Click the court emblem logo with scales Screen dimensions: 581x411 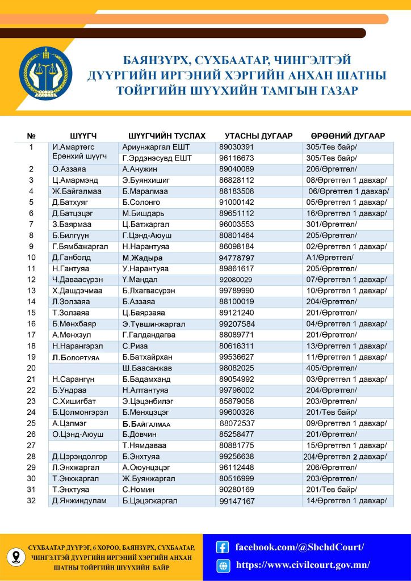point(46,74)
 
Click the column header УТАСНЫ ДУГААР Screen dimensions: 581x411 point(258,136)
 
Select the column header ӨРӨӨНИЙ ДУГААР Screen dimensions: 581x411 point(347,136)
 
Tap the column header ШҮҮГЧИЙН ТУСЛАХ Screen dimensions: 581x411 point(167,136)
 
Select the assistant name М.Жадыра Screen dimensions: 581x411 point(142,258)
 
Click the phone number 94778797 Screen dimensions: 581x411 point(237,258)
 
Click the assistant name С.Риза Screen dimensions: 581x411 point(135,346)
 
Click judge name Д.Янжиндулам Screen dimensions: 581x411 point(79,500)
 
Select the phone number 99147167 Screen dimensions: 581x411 point(237,501)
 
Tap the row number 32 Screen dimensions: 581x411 point(31,500)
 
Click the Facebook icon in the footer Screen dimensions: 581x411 point(223,548)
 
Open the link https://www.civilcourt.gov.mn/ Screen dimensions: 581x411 point(303,565)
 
